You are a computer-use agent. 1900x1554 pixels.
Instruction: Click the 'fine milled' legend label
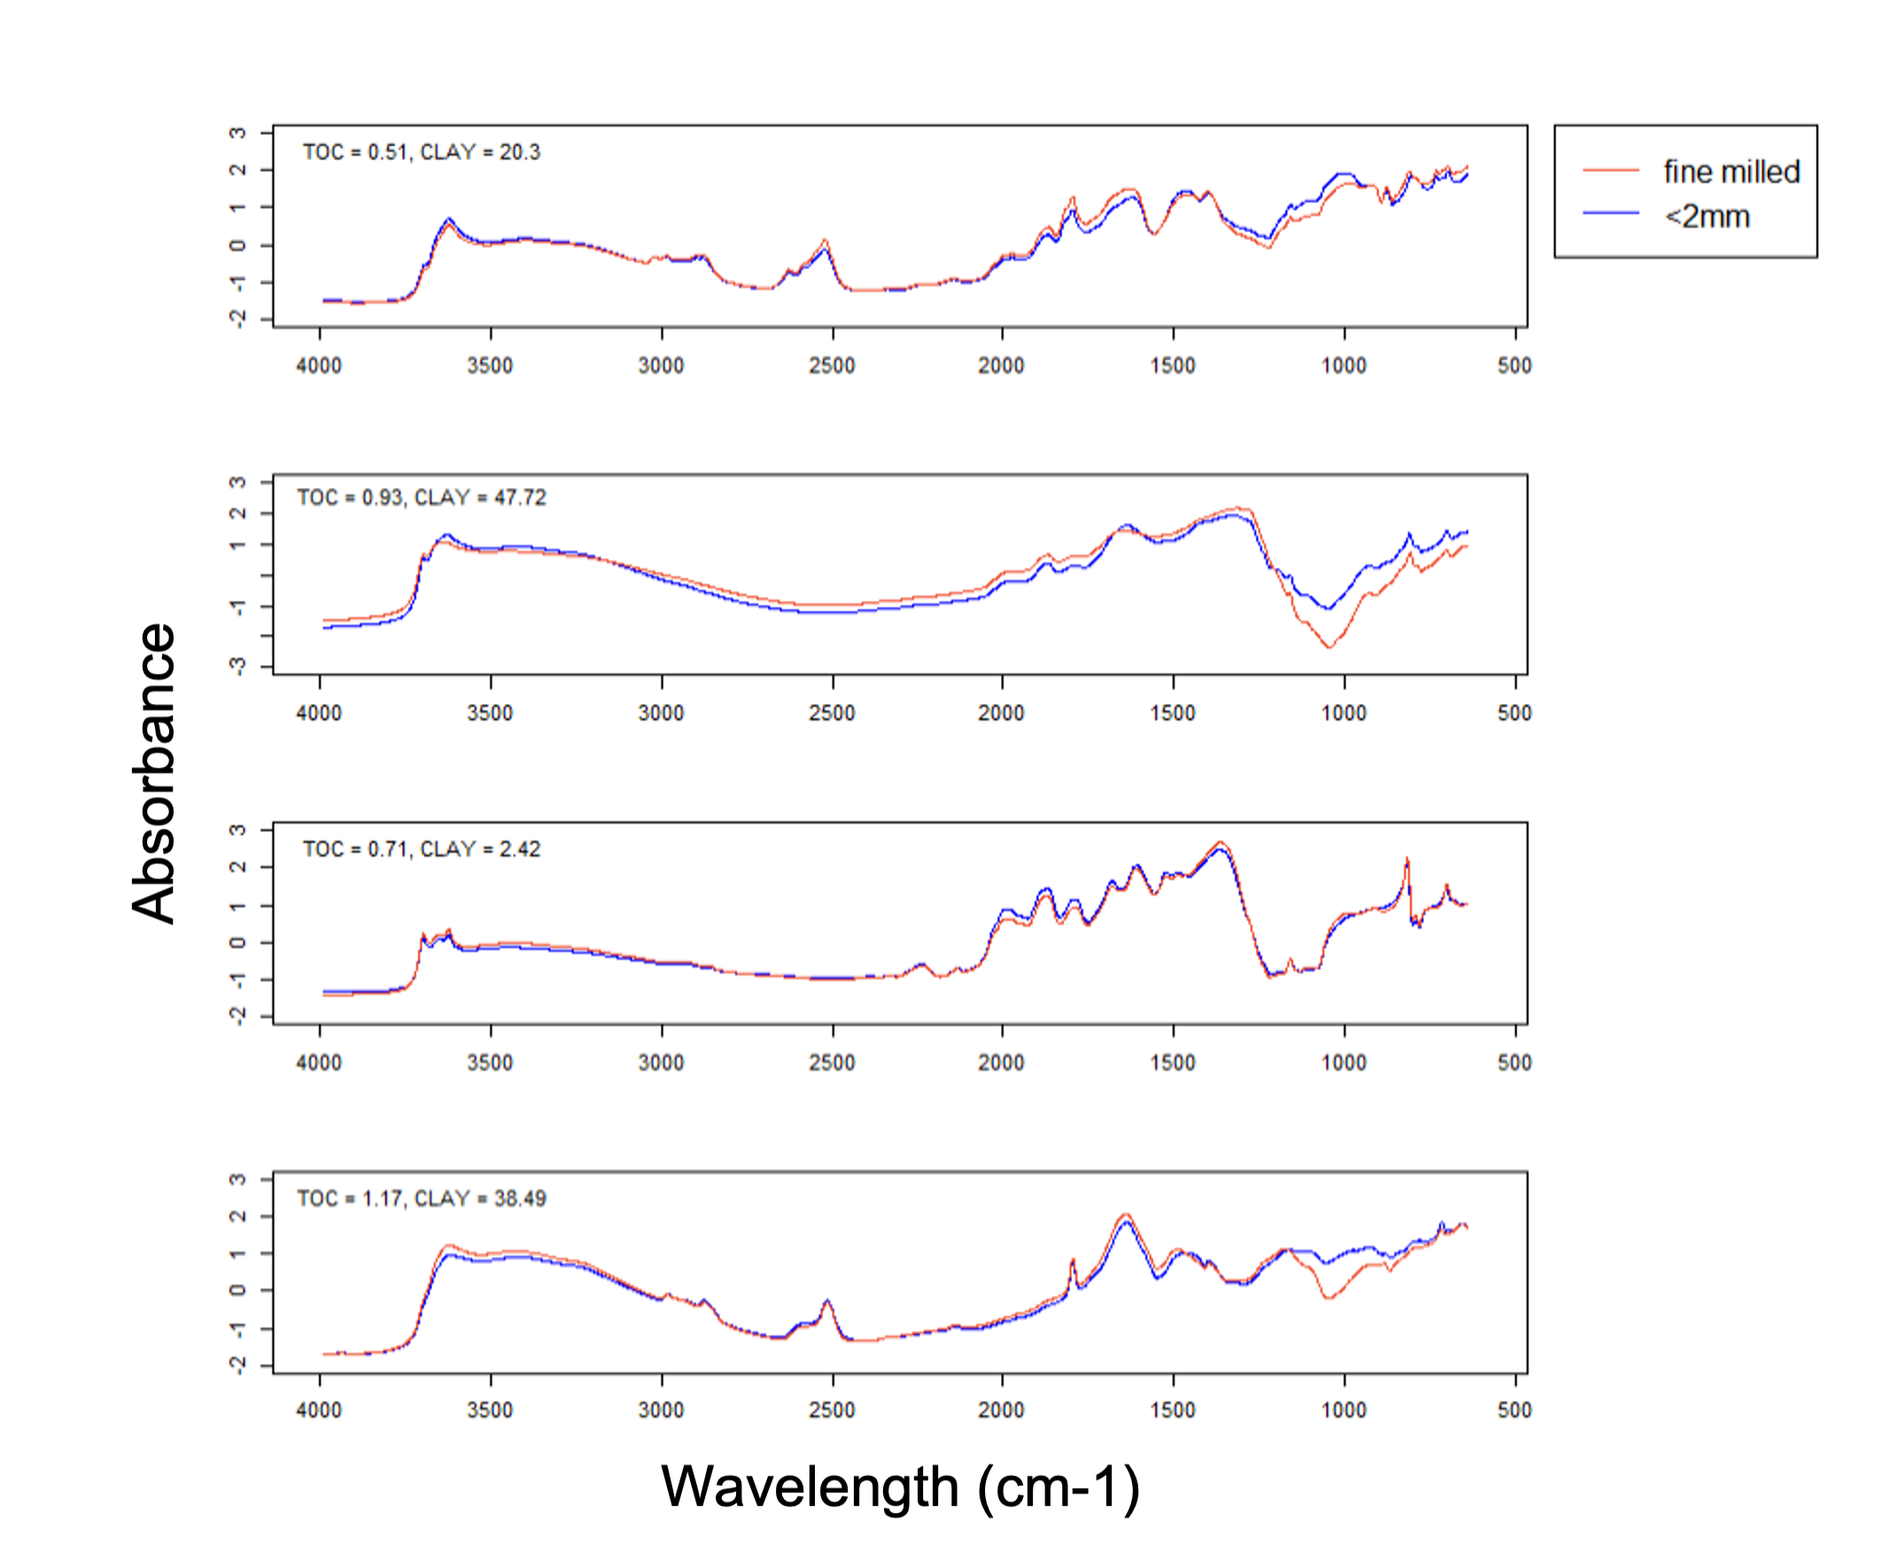(x=1731, y=171)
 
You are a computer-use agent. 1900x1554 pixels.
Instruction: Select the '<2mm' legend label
(x=1707, y=216)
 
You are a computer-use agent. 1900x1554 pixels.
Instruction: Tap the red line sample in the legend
(x=1609, y=170)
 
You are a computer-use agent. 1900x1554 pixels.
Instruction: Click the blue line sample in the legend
(x=1609, y=213)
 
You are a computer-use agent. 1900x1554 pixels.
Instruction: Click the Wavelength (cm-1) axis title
(x=900, y=1487)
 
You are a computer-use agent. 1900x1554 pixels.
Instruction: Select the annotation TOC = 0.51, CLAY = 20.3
(x=421, y=152)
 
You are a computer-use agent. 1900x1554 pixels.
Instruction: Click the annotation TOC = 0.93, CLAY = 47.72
(x=421, y=498)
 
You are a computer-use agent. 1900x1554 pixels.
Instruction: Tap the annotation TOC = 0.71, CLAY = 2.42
(x=421, y=848)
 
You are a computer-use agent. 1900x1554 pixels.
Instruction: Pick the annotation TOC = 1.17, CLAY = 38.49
(x=421, y=1198)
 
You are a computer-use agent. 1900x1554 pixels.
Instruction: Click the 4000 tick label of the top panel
(x=319, y=365)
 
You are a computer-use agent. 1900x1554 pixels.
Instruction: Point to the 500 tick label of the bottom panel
(x=1514, y=1410)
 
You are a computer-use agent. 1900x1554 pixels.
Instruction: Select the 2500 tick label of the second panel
(x=832, y=714)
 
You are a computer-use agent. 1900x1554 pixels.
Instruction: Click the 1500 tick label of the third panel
(x=1173, y=1063)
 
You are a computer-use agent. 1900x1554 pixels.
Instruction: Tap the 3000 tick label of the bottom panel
(x=661, y=1410)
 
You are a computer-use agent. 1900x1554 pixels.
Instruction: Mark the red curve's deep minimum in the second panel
(x=1330, y=646)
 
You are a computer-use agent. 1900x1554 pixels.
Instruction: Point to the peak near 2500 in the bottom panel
(x=827, y=1301)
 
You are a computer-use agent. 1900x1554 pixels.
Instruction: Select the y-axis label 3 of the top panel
(x=237, y=133)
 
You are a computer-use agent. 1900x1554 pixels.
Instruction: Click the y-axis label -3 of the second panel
(x=237, y=666)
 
